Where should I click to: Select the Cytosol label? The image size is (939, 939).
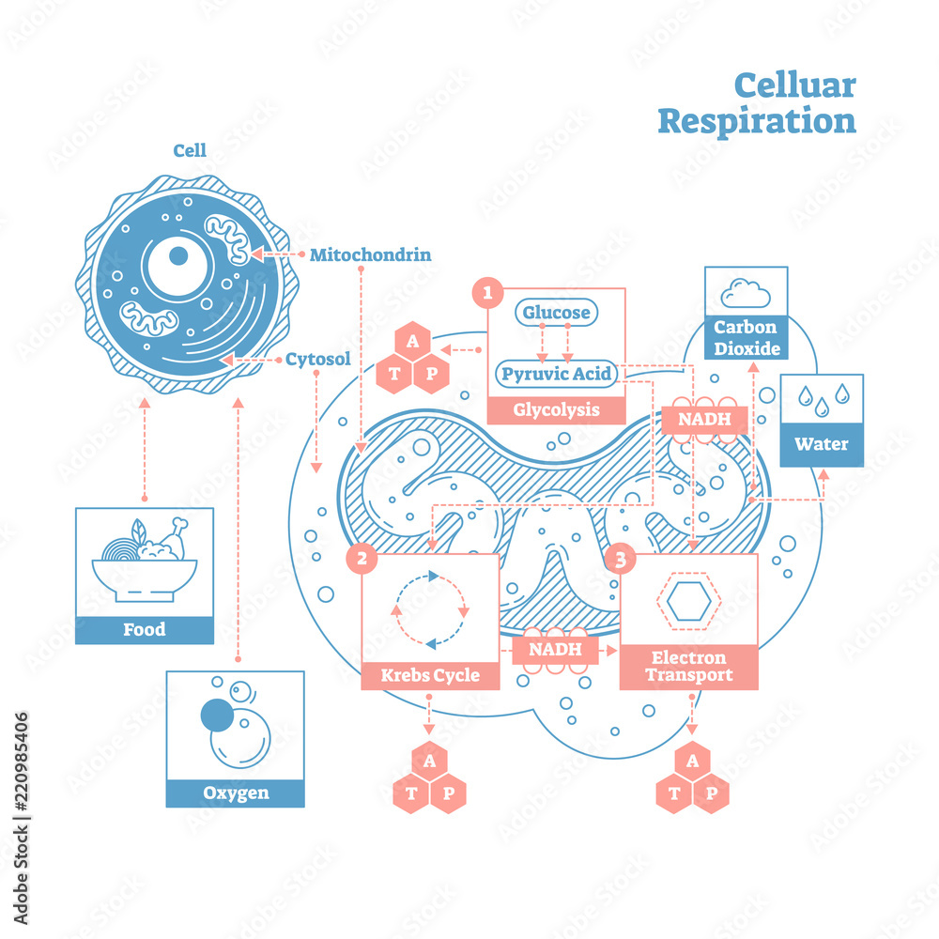click(x=317, y=359)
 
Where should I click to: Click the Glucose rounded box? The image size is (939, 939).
click(x=556, y=313)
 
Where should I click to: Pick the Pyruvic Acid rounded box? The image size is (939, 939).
click(x=556, y=375)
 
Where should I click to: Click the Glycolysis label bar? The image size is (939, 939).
click(x=556, y=410)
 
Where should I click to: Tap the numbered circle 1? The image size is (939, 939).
click(x=486, y=293)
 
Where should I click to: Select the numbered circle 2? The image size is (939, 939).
click(x=362, y=560)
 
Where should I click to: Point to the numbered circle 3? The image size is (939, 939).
click(x=620, y=560)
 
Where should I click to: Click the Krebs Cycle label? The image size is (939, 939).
click(x=430, y=675)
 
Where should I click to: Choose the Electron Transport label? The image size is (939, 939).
click(x=688, y=666)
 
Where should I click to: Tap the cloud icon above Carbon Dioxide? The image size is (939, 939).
click(x=746, y=294)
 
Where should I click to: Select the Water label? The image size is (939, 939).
click(x=821, y=444)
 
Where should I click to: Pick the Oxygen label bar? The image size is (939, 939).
click(x=236, y=793)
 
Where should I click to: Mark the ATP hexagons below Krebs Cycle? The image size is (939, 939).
click(x=429, y=778)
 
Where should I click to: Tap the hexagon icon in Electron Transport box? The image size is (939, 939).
click(x=688, y=599)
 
